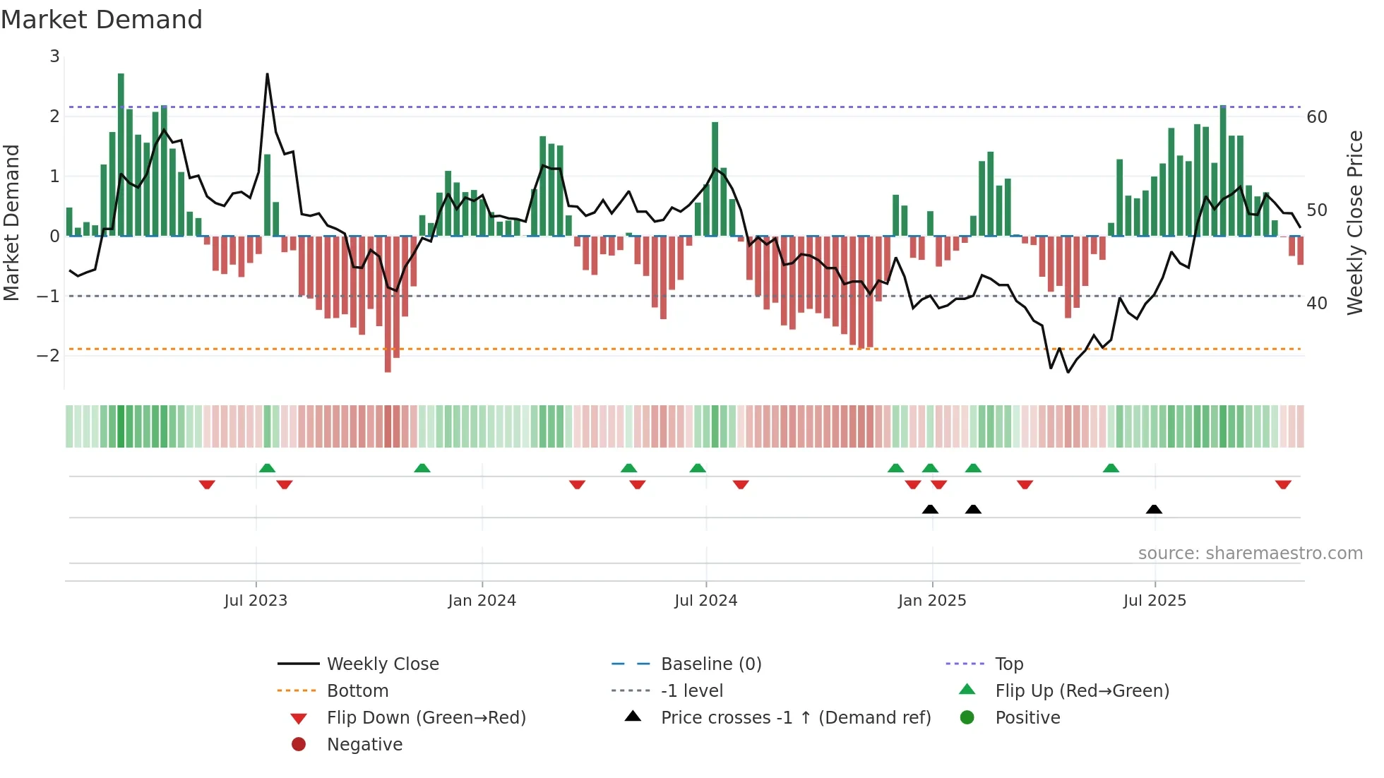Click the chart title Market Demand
pos(102,20)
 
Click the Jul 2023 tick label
pos(256,601)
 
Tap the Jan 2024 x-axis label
pos(482,601)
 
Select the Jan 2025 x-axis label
pos(931,601)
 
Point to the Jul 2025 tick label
pos(1155,601)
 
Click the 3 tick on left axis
pos(54,56)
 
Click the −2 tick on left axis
pos(48,355)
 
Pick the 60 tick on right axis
pos(1316,117)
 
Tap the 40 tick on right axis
pos(1316,304)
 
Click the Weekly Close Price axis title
pos(1354,222)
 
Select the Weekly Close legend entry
pos(382,664)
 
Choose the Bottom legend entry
pos(357,691)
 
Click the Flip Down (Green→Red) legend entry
pos(426,718)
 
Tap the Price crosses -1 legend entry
pos(795,718)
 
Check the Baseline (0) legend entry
pos(710,664)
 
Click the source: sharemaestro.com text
pos(1250,553)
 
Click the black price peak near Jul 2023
pos(267,74)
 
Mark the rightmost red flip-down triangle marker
pos(1283,484)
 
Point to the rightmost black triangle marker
pos(1154,510)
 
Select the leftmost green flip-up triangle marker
pos(267,468)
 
